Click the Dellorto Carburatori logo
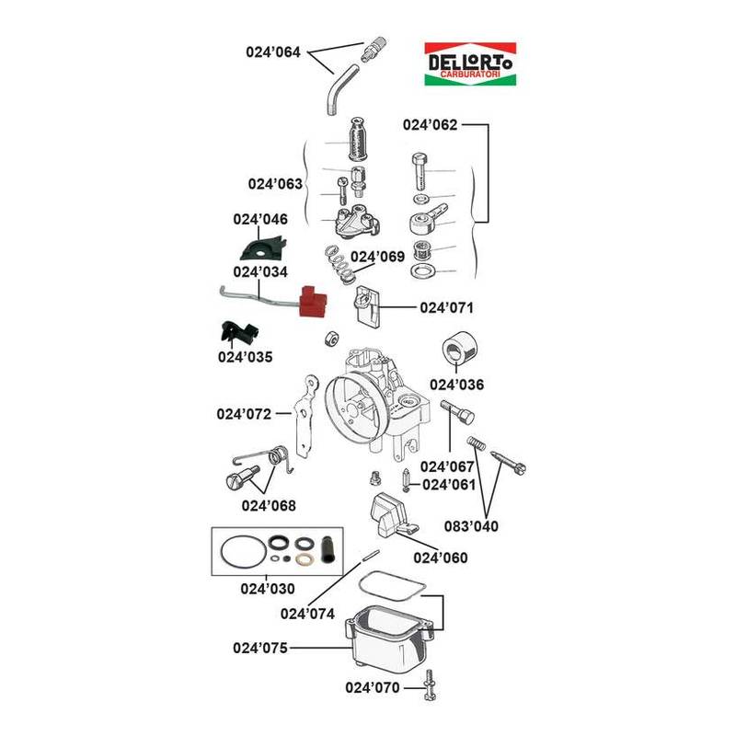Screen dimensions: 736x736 click(469, 64)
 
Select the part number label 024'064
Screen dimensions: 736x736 click(274, 52)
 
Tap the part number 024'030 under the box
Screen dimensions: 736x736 click(268, 588)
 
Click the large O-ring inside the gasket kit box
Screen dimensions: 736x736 click(241, 555)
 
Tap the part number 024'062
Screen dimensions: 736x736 click(430, 125)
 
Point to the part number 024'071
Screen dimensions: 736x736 click(446, 306)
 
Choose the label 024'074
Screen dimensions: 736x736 click(307, 614)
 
